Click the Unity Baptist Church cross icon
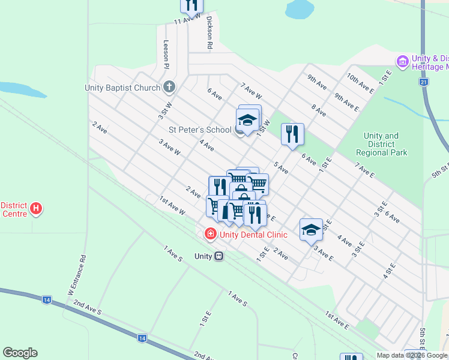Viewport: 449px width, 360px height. pyautogui.click(x=169, y=88)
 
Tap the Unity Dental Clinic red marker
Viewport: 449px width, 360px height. pyautogui.click(x=210, y=234)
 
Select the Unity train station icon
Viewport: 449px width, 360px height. pyautogui.click(x=218, y=256)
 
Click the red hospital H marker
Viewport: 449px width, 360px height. pyautogui.click(x=37, y=209)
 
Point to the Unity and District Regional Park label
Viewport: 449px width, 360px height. pyautogui.click(x=381, y=144)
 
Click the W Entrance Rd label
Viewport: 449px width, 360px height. pyautogui.click(x=76, y=274)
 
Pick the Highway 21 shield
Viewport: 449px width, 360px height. pyautogui.click(x=424, y=82)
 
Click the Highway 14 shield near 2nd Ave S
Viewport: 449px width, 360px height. pyautogui.click(x=142, y=338)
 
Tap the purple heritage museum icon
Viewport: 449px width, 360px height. pyautogui.click(x=402, y=61)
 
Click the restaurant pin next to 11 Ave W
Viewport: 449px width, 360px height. pyautogui.click(x=191, y=5)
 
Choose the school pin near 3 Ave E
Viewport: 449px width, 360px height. pyautogui.click(x=311, y=229)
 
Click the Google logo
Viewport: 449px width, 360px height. pyautogui.click(x=20, y=353)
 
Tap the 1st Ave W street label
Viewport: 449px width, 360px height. pyautogui.click(x=172, y=206)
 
